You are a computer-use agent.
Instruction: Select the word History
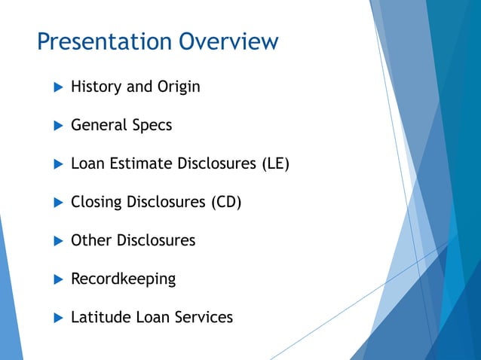tap(96, 87)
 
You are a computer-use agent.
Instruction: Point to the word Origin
tap(179, 87)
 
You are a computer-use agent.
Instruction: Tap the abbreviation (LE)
tap(274, 163)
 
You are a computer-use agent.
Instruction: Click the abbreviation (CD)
tap(225, 202)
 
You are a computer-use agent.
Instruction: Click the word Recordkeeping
tap(123, 279)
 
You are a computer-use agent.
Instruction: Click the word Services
tap(203, 317)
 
